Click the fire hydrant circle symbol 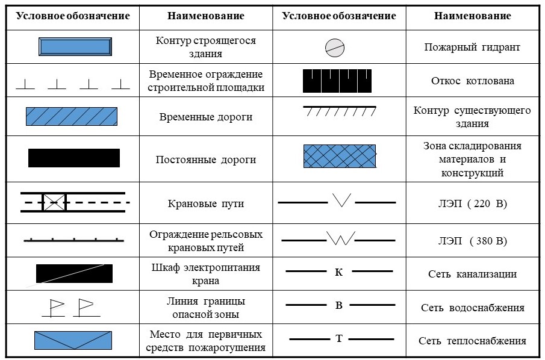coord(335,48)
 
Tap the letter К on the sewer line coord(339,272)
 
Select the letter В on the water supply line coord(339,305)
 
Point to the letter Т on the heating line coord(339,338)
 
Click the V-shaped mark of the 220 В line coord(341,200)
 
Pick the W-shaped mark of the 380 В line coord(341,238)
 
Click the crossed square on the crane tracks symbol coord(54,202)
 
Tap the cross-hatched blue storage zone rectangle coord(340,157)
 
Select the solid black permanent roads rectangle coord(74,158)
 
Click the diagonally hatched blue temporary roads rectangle coord(72,116)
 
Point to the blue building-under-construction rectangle coord(75,46)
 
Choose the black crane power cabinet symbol coord(75,273)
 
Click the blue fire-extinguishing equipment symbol coord(73,340)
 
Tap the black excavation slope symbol coord(337,81)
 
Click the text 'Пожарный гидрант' coord(472,48)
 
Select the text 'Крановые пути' coord(206,203)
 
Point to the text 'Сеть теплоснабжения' coord(472,341)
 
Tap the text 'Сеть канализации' coord(472,274)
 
